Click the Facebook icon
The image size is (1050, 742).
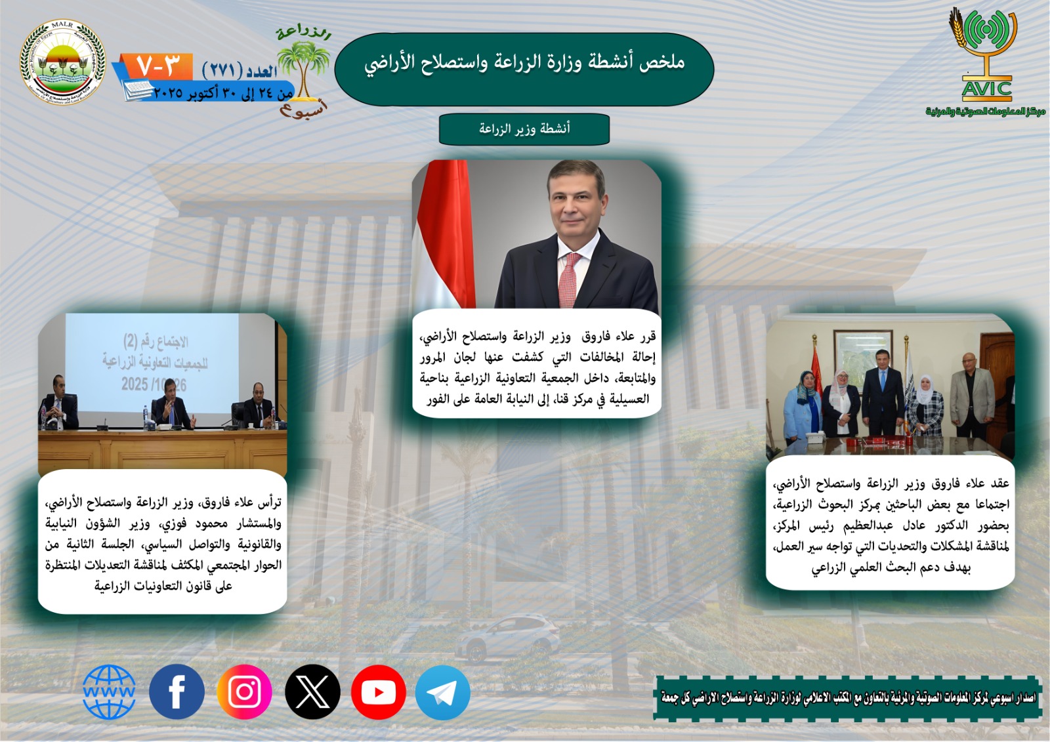coord(177,691)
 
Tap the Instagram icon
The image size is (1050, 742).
coord(245,691)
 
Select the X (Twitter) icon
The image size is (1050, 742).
coord(312,691)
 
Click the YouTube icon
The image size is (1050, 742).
coord(378,692)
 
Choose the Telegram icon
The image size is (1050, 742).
coord(443,693)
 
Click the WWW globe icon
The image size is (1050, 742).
coord(109,692)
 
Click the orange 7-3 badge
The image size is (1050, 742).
coord(158,66)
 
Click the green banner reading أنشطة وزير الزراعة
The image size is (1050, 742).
coord(524,129)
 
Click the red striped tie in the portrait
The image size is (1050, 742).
coord(569,279)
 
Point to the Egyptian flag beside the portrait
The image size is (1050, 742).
coord(444,233)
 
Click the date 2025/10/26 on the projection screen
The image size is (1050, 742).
coord(154,384)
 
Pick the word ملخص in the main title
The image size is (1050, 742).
coord(662,62)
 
